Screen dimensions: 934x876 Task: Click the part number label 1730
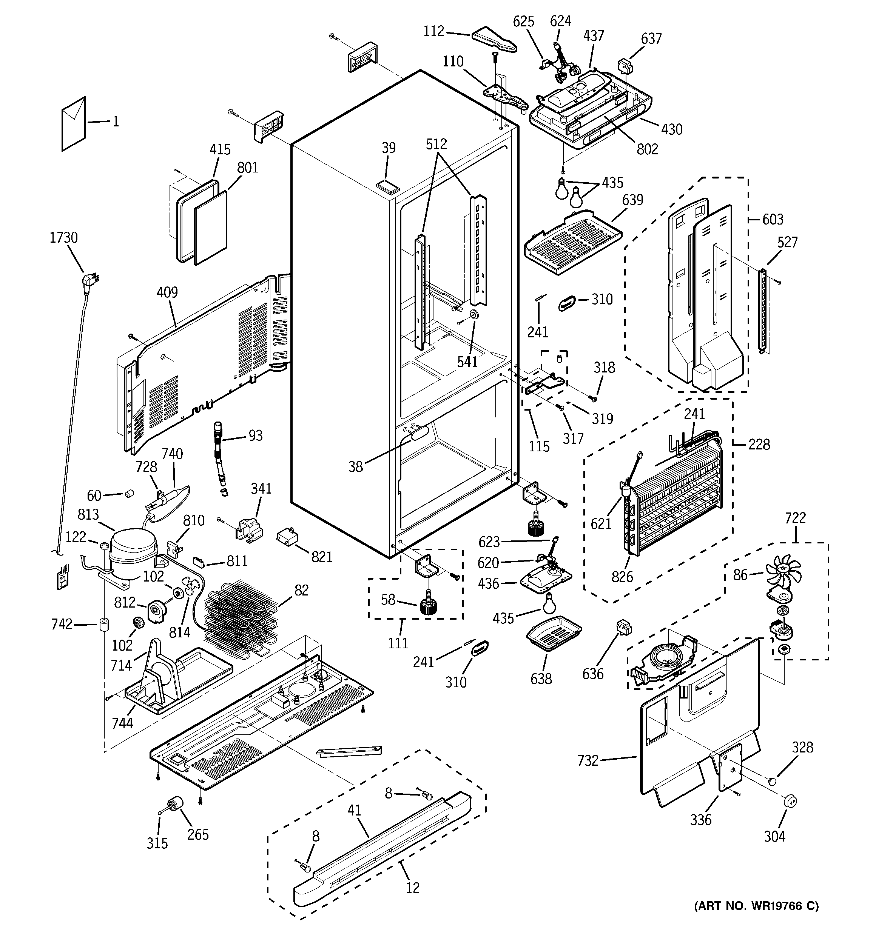[63, 238]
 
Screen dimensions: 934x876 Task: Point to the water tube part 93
[219, 453]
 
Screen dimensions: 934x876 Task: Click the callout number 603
[773, 219]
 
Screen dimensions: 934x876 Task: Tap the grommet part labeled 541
[474, 315]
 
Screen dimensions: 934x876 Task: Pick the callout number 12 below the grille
[412, 888]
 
